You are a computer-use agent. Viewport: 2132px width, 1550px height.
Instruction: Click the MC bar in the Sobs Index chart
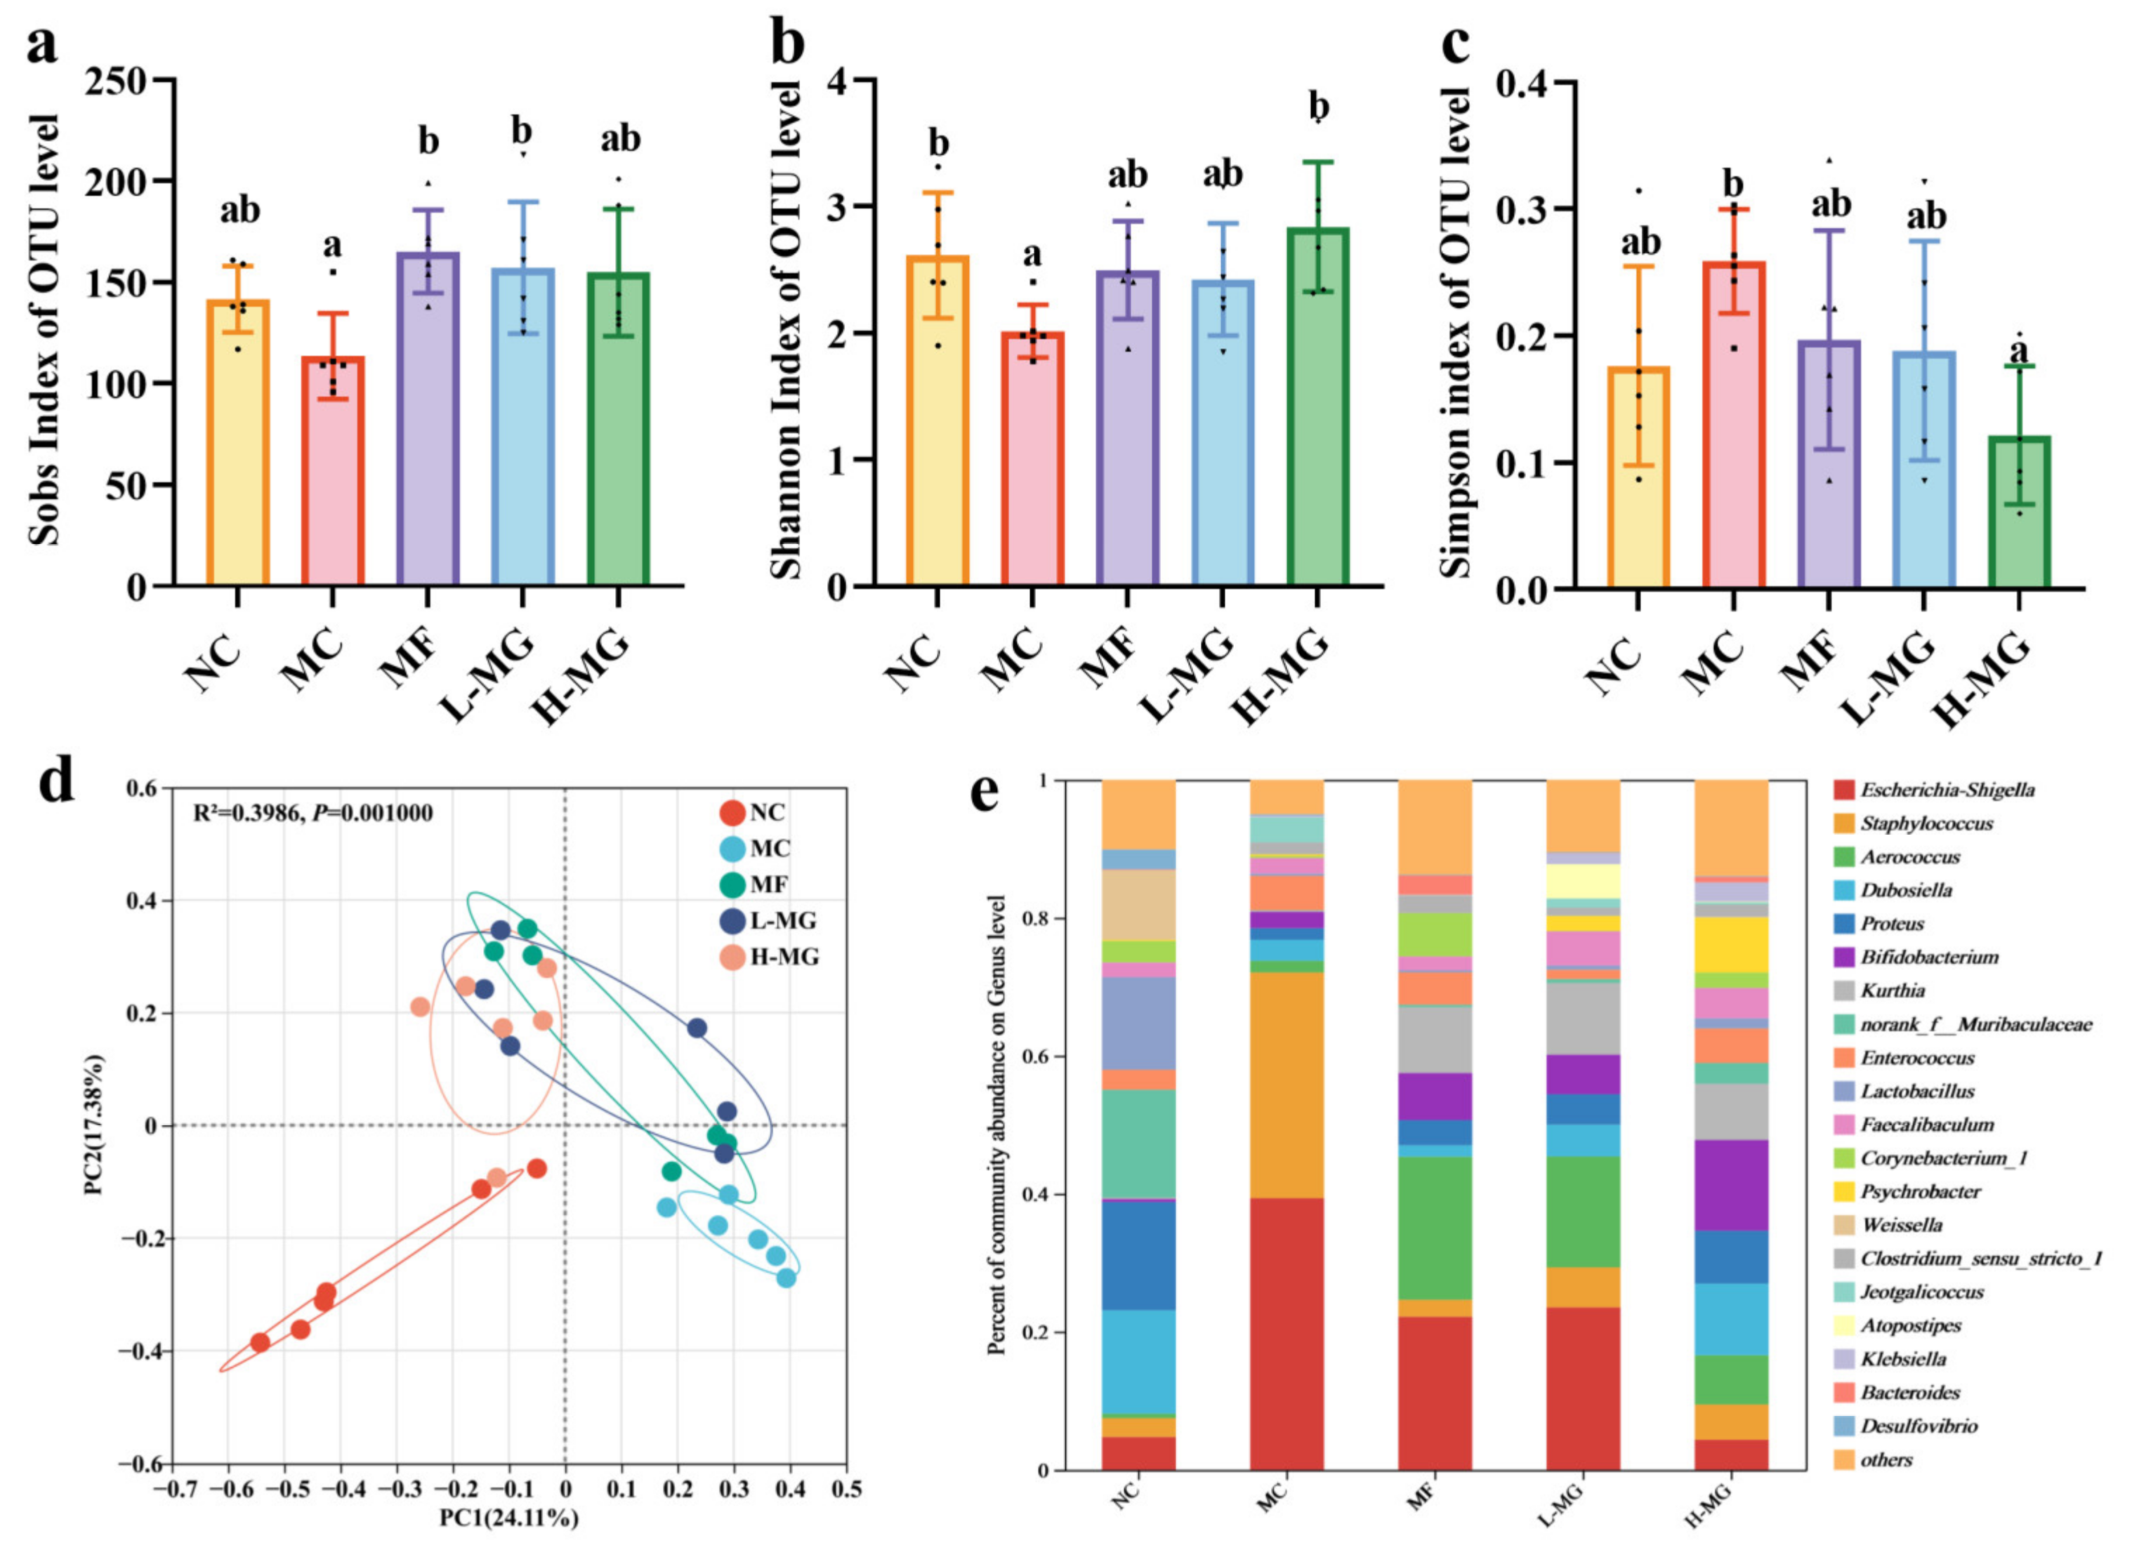333,470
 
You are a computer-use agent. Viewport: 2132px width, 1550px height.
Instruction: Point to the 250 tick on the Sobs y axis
129,80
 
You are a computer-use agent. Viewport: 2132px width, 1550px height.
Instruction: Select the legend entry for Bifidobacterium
1928,957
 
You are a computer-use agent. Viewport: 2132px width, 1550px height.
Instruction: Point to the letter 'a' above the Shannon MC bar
1032,254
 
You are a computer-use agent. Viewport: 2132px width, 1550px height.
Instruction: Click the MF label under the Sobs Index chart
407,658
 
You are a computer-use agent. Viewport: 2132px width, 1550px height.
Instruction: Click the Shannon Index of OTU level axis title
785,329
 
